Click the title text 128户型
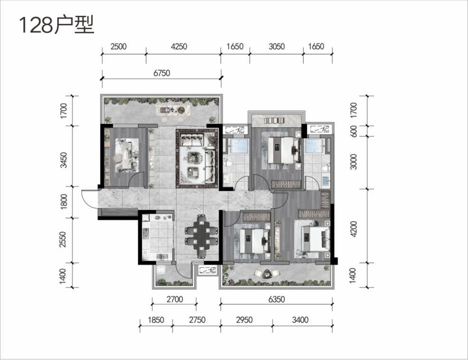56,25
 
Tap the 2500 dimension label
119,47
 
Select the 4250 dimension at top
179,47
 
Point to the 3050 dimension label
277,47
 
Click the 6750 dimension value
162,73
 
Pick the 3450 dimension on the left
64,160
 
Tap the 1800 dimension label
64,202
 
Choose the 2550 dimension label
62,239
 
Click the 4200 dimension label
353,229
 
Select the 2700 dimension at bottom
175,299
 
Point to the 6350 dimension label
276,299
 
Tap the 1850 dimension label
156,320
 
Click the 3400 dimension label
300,320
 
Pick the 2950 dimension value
244,320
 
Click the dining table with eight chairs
201,236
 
